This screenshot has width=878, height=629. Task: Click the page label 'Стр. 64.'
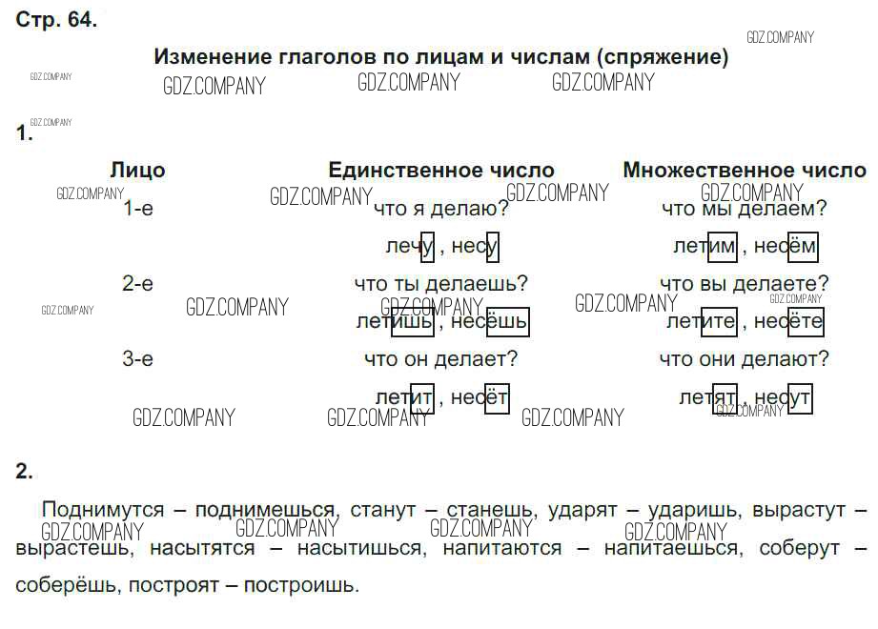tap(56, 20)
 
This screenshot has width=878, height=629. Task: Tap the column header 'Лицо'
tap(137, 171)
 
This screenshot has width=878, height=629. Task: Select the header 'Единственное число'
tap(440, 171)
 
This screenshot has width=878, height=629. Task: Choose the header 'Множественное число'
tap(745, 171)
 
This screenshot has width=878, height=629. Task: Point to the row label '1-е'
tap(138, 208)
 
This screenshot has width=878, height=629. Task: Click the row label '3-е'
tap(138, 359)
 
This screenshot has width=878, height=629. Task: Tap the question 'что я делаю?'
tap(440, 208)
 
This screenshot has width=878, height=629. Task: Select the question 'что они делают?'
tap(744, 359)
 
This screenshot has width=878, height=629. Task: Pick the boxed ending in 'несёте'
tap(806, 322)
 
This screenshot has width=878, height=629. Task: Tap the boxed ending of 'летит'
tap(421, 397)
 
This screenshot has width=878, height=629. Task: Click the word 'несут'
tap(783, 397)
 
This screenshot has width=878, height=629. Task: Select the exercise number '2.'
tap(25, 471)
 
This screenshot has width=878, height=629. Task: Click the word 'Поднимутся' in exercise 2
tap(103, 510)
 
